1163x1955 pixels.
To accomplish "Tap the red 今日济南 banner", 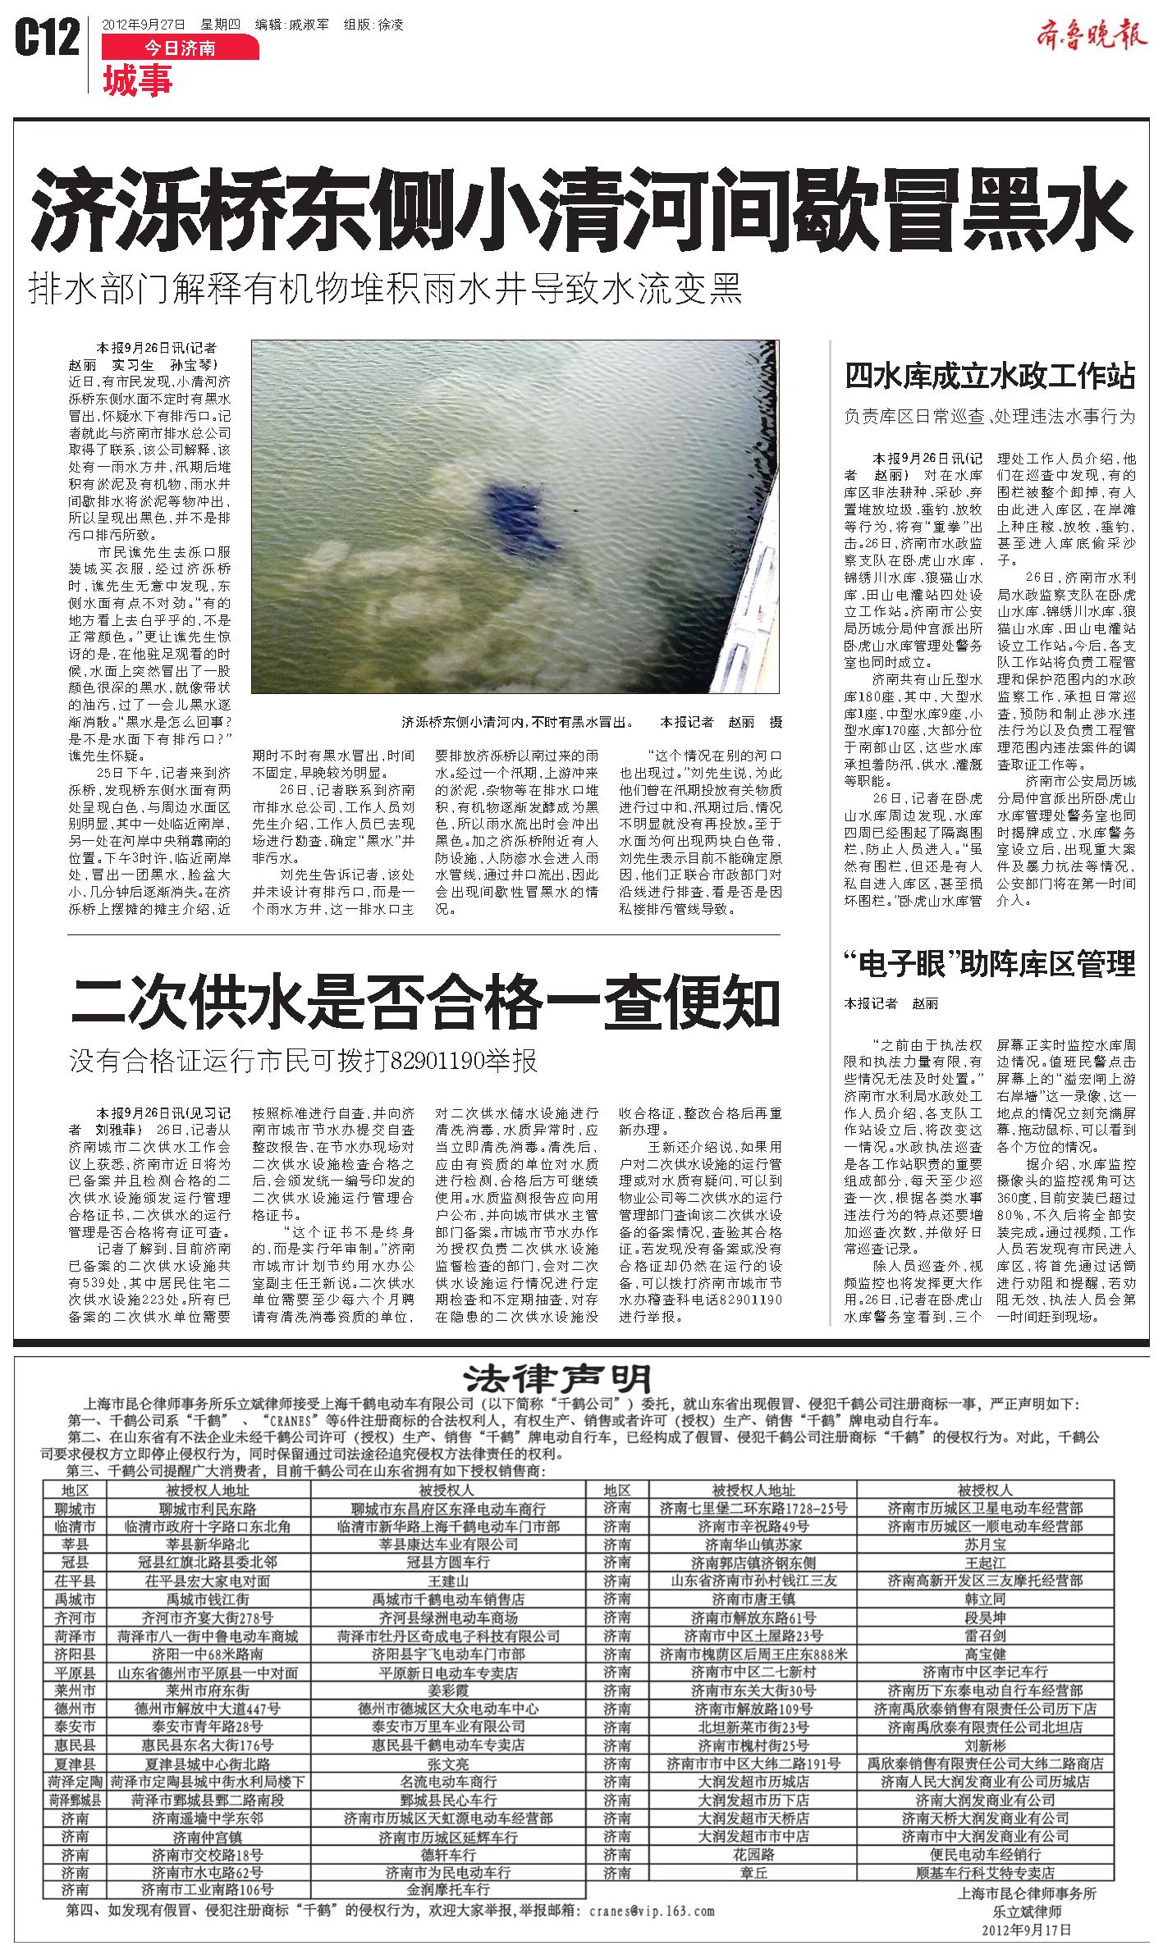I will click(180, 48).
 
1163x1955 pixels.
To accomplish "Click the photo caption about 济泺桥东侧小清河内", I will click(517, 723).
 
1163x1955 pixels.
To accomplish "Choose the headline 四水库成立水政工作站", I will click(991, 377).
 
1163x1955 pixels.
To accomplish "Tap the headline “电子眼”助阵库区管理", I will click(991, 963).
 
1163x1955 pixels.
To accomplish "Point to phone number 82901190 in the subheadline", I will click(442, 1062).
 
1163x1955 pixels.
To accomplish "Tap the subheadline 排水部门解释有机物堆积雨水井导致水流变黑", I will click(386, 290).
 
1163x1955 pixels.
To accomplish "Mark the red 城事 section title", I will click(137, 82).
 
